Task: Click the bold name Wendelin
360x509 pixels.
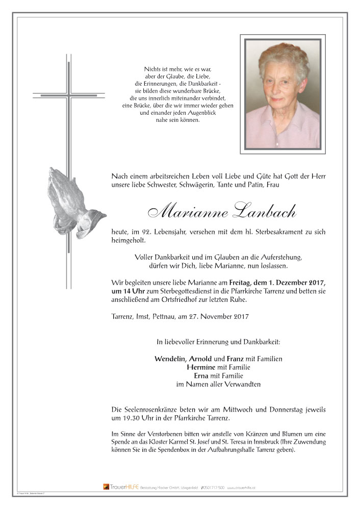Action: [x=170, y=359]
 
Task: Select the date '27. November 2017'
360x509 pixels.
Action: [x=223, y=317]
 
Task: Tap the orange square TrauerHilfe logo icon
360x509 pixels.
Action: [x=106, y=487]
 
